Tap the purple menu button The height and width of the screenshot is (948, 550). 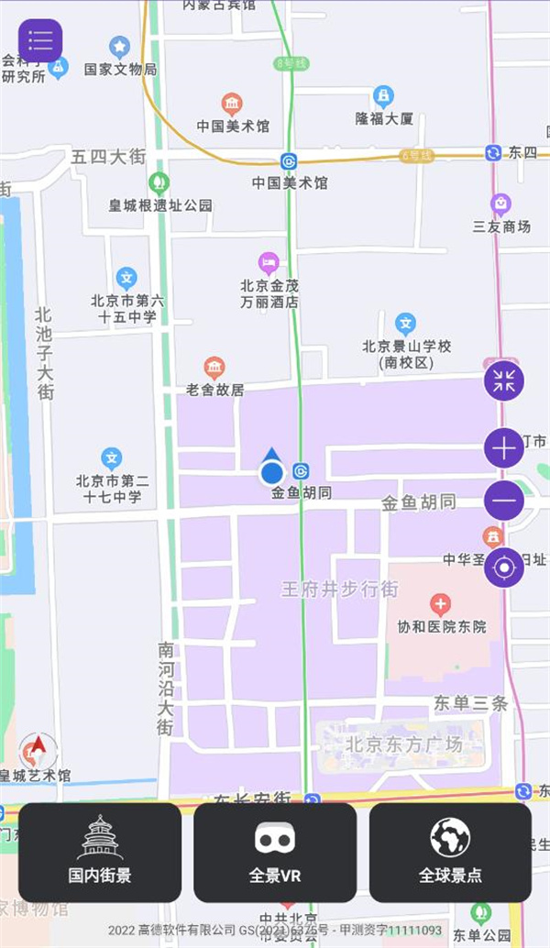(x=40, y=41)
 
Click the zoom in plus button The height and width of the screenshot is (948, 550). (x=504, y=448)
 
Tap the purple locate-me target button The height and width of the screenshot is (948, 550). (x=504, y=568)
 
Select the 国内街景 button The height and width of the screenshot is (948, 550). (x=100, y=853)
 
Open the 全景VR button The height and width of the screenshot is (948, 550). (x=275, y=853)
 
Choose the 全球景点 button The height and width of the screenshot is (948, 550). (x=450, y=853)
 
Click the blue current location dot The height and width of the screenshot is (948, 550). (x=271, y=473)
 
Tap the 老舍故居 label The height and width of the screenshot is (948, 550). (x=215, y=390)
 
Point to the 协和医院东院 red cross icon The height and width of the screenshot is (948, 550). (x=440, y=604)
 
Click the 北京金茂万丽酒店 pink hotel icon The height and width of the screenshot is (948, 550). (x=269, y=263)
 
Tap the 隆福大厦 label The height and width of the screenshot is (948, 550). (x=384, y=118)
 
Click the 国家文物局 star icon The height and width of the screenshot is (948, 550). (x=119, y=47)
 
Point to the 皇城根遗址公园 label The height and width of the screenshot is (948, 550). (x=160, y=205)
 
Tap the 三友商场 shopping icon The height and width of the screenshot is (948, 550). (x=500, y=204)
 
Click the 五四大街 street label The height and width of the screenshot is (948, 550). (x=108, y=158)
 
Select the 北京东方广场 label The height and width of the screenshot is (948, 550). (x=391, y=744)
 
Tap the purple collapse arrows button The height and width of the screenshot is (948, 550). (x=504, y=380)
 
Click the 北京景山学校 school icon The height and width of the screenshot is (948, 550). (x=405, y=323)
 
